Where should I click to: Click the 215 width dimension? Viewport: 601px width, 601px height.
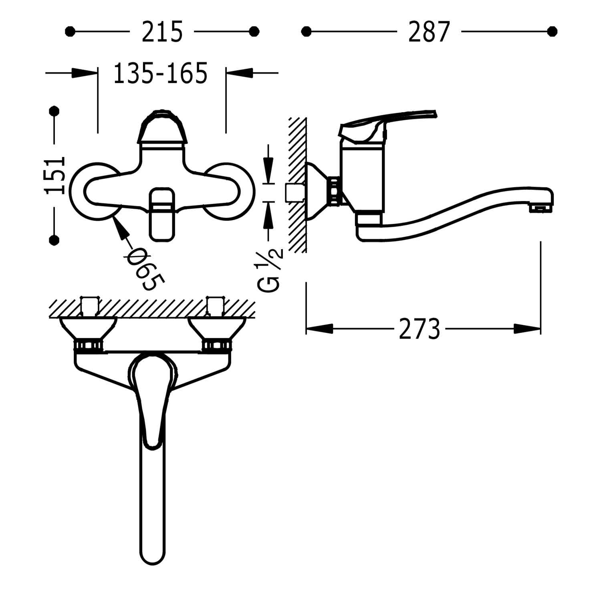click(162, 32)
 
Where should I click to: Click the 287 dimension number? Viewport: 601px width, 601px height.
click(429, 32)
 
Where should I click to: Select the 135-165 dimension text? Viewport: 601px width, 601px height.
click(160, 73)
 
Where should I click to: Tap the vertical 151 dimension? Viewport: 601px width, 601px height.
click(55, 175)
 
